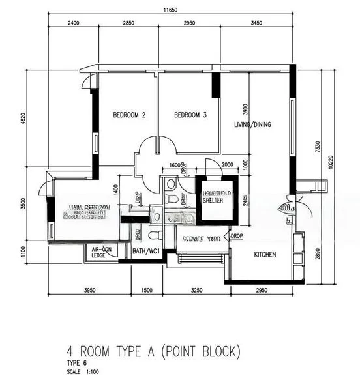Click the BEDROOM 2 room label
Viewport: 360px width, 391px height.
pos(129,115)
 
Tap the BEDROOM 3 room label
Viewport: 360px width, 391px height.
pos(190,115)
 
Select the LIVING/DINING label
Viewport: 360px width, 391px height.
pos(253,124)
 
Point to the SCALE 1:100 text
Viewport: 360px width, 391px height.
pos(83,372)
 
